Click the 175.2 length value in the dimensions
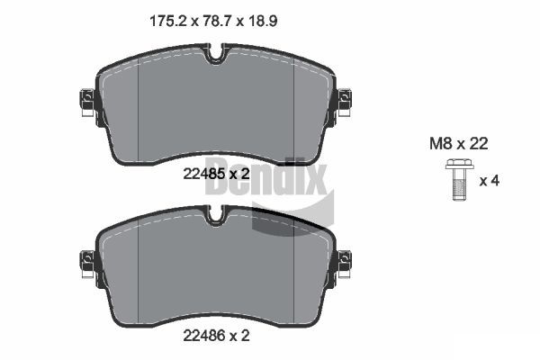[168, 22]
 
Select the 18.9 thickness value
[262, 22]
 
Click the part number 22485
[204, 174]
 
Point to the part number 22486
[204, 335]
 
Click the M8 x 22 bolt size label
[458, 144]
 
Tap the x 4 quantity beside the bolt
[490, 181]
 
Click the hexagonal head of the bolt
[459, 164]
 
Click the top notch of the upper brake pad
[216, 54]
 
